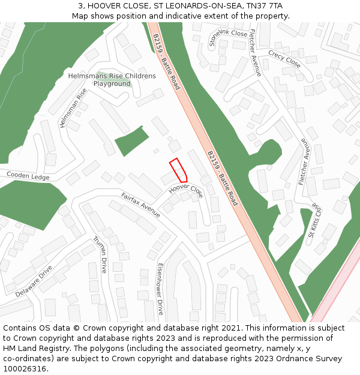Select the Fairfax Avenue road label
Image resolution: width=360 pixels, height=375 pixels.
click(140, 205)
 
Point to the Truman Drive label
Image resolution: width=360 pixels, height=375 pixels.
click(99, 254)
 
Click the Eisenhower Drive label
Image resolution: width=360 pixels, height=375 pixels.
click(160, 289)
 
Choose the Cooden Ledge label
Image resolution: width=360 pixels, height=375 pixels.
click(28, 176)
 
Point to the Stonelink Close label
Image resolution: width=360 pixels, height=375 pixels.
click(228, 37)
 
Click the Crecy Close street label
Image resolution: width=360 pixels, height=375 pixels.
click(284, 58)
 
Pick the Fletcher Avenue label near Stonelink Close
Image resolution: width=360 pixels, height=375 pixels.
click(255, 52)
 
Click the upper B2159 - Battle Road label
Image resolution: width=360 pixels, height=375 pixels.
click(166, 61)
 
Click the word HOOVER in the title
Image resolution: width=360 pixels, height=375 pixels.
click(104, 5)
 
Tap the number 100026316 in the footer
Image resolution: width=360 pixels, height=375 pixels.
click(25, 368)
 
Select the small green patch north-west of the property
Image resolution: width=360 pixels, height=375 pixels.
click(131, 142)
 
